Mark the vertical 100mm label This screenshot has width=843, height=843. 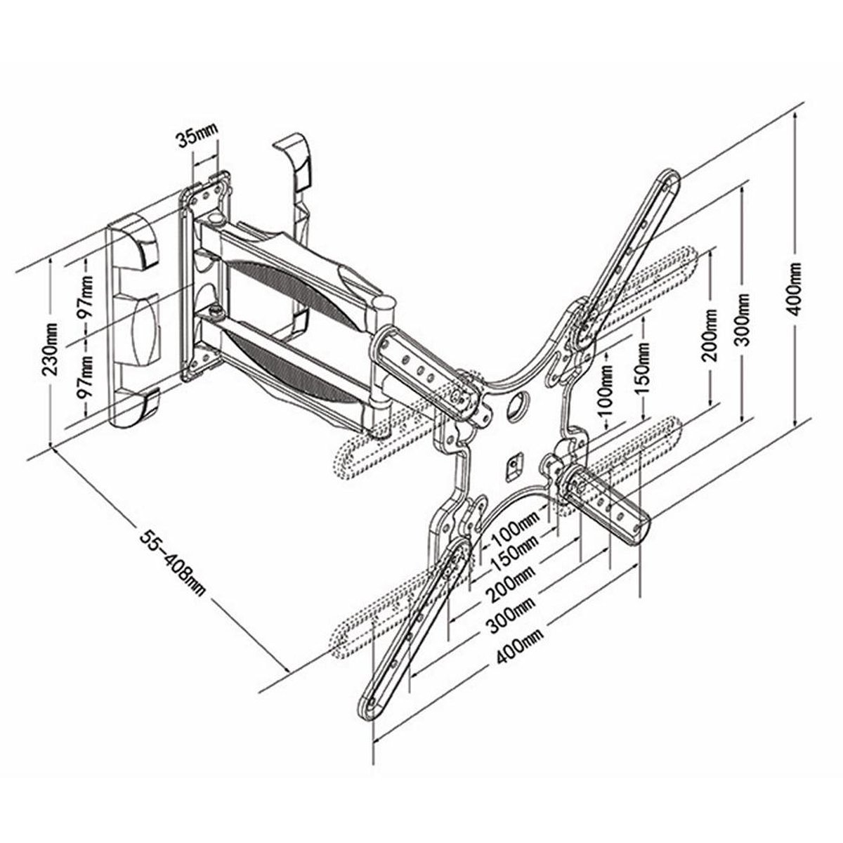click(x=606, y=397)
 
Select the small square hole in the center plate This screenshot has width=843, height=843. click(x=514, y=462)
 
